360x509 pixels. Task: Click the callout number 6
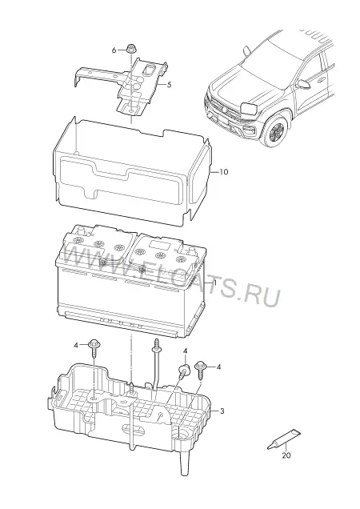click(114, 50)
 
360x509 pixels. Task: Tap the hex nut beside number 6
click(131, 49)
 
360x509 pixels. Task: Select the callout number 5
click(169, 85)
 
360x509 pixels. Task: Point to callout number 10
click(224, 172)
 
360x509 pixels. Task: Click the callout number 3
click(222, 411)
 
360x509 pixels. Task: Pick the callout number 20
click(286, 455)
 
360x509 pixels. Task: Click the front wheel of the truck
click(275, 130)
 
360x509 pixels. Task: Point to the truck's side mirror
click(303, 84)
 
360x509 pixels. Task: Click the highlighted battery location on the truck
click(249, 108)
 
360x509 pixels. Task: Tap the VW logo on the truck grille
click(225, 110)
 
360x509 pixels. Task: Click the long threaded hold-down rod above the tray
click(156, 365)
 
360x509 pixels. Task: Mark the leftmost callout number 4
click(76, 345)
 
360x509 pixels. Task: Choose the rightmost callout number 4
click(218, 367)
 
